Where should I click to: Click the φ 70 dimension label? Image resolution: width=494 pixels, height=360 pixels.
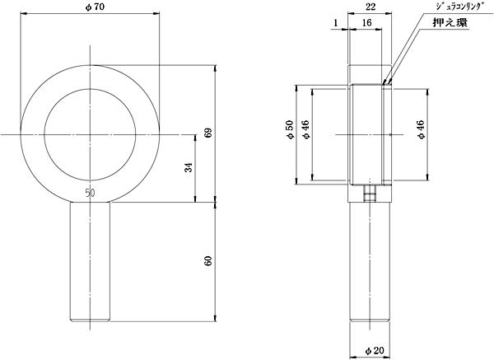tap(95, 7)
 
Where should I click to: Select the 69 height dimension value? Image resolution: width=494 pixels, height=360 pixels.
tap(209, 133)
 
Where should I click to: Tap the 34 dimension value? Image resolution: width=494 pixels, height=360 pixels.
tap(189, 167)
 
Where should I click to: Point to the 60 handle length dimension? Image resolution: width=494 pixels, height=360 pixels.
tap(208, 261)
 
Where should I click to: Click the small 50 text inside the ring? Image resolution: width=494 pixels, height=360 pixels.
tap(90, 193)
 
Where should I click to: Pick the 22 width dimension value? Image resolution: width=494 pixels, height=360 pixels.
tap(371, 7)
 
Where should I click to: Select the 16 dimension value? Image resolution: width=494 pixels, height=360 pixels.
tap(366, 23)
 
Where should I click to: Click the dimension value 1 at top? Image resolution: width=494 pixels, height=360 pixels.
tap(336, 23)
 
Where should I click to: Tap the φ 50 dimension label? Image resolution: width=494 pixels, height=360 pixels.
tap(290, 129)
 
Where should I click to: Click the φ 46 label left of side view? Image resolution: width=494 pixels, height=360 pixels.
tap(305, 129)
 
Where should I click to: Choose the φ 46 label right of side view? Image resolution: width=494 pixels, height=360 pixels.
tap(421, 129)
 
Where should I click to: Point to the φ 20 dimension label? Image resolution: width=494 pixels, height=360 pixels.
tap(375, 350)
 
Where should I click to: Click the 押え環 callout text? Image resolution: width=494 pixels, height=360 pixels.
tap(450, 23)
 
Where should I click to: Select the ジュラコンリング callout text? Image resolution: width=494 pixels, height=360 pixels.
tap(459, 7)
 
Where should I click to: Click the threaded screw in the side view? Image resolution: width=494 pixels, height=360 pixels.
tap(370, 194)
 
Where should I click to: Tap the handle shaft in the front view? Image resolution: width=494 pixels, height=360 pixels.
tap(90, 262)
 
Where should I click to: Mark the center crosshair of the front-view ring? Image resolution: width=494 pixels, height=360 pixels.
tap(91, 134)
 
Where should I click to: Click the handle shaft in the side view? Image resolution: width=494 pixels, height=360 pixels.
tap(370, 262)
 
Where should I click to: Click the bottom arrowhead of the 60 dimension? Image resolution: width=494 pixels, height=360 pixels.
tap(216, 318)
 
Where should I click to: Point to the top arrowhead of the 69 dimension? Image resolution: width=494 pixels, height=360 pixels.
tap(216, 69)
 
